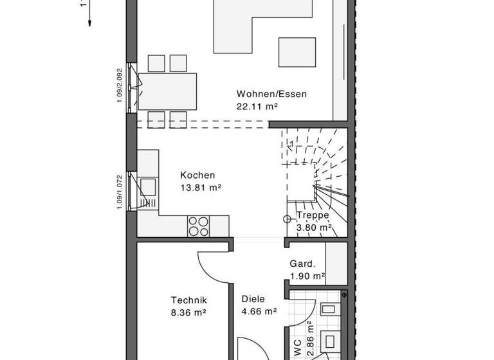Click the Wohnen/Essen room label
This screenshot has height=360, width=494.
coord(271,94)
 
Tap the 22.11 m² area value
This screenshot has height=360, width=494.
coord(257,107)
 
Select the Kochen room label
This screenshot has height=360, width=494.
coord(197,175)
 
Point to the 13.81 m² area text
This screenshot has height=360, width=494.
coord(201,188)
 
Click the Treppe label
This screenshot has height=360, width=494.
coord(313,215)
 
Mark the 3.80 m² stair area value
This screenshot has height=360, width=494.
coord(314,227)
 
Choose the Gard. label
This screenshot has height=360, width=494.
coord(302,264)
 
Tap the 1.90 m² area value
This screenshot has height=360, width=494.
coord(307,276)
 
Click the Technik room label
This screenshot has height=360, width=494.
coord(188,300)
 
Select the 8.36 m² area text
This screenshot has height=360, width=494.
coord(188,312)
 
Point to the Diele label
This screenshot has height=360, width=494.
coord(253,299)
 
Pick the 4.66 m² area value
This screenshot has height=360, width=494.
coord(259,312)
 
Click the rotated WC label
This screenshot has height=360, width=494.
coord(297,348)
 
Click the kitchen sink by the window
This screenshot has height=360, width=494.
coord(149,186)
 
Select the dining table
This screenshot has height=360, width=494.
coord(168,91)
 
